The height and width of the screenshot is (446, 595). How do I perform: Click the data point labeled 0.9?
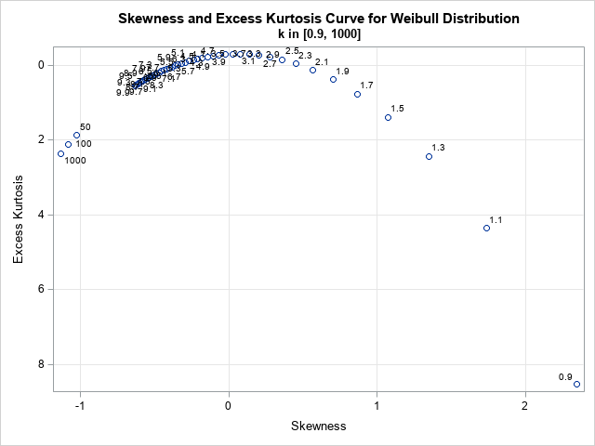[576, 384]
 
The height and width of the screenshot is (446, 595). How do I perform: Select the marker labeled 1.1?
[486, 228]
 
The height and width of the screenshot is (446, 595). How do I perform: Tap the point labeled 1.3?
[429, 156]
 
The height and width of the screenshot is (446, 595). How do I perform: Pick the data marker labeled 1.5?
[388, 117]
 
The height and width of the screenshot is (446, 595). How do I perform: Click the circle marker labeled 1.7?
[357, 94]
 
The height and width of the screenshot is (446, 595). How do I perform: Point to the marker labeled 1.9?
[333, 79]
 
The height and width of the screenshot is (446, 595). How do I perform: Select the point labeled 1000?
[60, 153]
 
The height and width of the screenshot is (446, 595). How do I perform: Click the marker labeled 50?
[76, 135]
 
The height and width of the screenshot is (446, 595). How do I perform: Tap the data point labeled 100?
[68, 144]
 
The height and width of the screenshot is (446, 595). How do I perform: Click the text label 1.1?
[496, 219]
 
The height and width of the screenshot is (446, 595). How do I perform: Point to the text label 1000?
[75, 161]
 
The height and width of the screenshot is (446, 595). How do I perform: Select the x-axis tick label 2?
[525, 406]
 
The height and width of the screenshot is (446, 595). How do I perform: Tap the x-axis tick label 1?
[377, 406]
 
